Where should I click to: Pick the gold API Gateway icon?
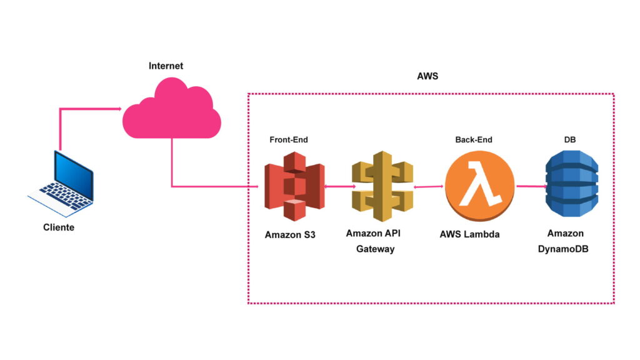(x=382, y=186)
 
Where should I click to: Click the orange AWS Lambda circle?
(x=479, y=186)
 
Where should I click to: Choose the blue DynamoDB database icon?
(x=571, y=186)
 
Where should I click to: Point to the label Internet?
(x=166, y=66)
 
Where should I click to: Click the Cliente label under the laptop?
(x=59, y=227)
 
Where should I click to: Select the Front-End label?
(x=289, y=140)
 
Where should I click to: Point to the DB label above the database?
(x=570, y=140)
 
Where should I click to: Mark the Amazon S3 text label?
(x=291, y=235)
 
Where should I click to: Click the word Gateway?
(x=375, y=249)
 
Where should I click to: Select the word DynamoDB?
(x=565, y=249)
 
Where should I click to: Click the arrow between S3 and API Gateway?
(x=339, y=186)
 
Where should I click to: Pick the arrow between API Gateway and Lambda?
(x=429, y=186)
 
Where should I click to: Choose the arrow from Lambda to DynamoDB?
(x=530, y=186)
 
